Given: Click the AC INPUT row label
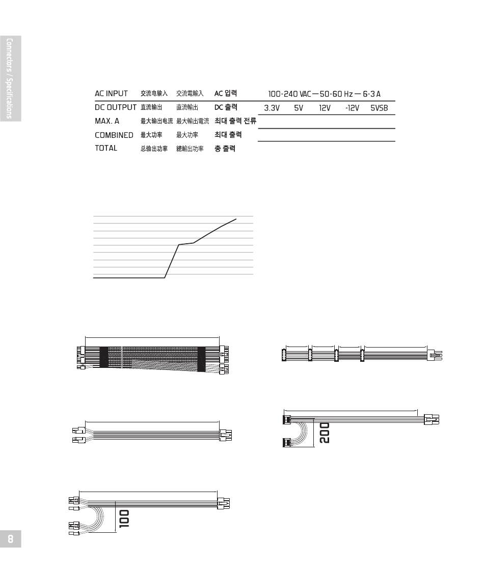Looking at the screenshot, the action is pos(111,93).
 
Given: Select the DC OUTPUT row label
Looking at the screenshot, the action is pos(116,107).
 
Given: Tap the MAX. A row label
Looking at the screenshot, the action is pos(107,121).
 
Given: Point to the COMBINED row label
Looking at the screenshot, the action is pos(114,135).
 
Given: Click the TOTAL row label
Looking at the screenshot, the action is pos(106,148).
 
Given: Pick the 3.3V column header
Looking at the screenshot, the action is pos(272,108).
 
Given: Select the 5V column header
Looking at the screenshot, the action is pos(299,108).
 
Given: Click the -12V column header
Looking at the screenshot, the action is pos(352,108).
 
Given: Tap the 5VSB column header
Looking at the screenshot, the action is pos(379,108).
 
